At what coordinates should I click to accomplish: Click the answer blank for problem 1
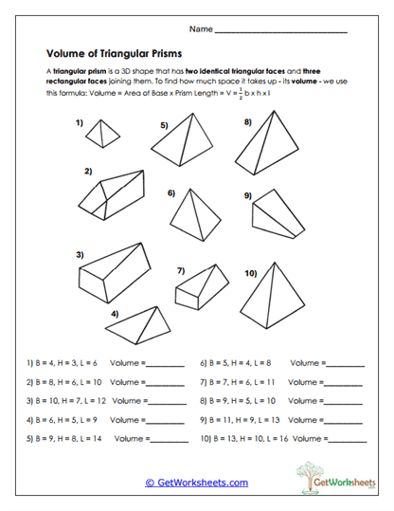pyautogui.click(x=166, y=365)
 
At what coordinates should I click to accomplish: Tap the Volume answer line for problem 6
pyautogui.click(x=345, y=365)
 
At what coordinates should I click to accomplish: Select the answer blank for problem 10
pyautogui.click(x=347, y=441)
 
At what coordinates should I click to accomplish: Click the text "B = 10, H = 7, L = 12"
pyautogui.click(x=68, y=401)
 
